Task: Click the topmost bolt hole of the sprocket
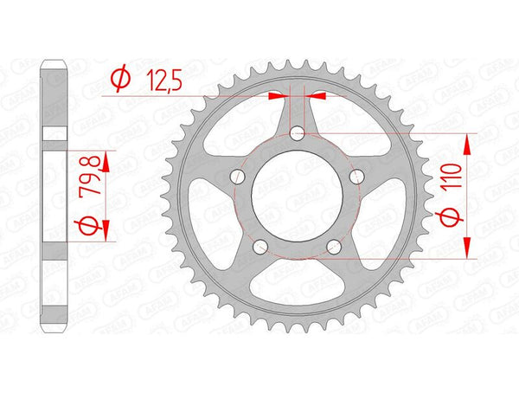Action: (x=298, y=132)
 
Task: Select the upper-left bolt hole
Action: (x=237, y=177)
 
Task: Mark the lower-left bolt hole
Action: (x=260, y=247)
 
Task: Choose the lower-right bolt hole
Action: (x=335, y=247)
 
